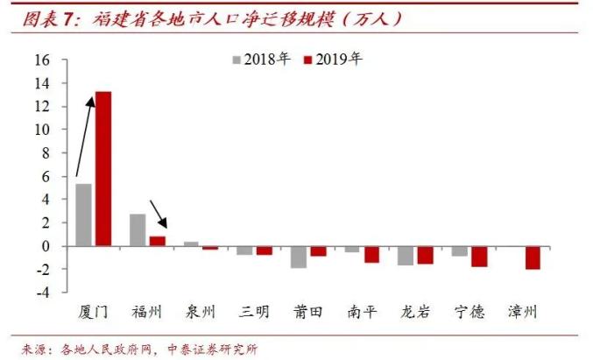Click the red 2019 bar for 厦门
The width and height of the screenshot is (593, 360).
[103, 168]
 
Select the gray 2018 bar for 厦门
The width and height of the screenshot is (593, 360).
[84, 215]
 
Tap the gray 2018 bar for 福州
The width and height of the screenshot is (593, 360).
[138, 229]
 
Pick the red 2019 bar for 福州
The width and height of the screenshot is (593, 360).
[157, 241]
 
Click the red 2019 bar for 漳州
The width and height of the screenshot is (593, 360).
[533, 258]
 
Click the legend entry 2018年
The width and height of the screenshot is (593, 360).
[260, 60]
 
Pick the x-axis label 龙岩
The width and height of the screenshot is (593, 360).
[416, 312]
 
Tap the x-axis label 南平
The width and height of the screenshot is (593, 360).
[363, 312]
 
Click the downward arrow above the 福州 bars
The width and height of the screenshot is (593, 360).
[159, 213]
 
